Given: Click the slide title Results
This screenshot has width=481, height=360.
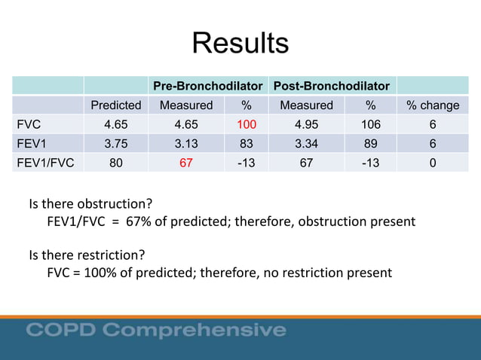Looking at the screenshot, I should point(240,43).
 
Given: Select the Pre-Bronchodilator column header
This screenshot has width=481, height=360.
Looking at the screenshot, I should point(207,86).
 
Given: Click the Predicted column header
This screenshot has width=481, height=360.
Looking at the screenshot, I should point(115,105).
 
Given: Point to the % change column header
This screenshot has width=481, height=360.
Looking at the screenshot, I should point(433,105).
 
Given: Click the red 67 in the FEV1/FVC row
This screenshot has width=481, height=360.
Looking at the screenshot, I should point(186,160).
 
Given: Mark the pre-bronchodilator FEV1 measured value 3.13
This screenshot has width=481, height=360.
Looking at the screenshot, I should point(186,142).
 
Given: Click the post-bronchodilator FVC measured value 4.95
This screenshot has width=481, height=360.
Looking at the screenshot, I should point(306,124).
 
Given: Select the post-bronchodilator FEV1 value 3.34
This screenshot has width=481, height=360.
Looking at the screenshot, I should point(306,142).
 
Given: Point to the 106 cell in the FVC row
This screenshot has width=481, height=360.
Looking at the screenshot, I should point(370,124).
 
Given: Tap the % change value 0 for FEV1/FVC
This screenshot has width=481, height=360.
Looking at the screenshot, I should point(433,160).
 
